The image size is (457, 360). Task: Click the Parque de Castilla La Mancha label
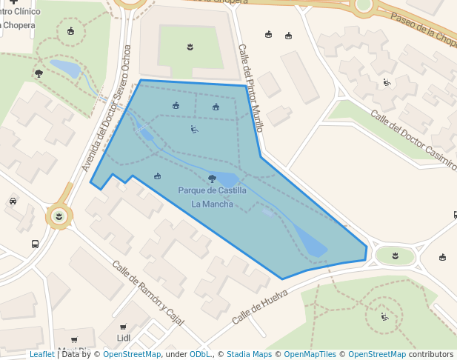click(x=212, y=197)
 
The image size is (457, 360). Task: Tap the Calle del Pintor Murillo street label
click(x=250, y=87)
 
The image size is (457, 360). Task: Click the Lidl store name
click(x=124, y=339)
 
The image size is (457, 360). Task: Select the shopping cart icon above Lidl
click(x=123, y=327)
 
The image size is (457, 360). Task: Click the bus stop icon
click(x=35, y=244)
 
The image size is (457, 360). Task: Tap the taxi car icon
click(x=13, y=201)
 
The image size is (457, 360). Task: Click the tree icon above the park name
click(x=213, y=179)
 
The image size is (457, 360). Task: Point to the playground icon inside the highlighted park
click(x=194, y=130)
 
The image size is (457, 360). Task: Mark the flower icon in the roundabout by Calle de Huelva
click(x=395, y=256)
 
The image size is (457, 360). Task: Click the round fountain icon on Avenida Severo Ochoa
click(x=59, y=216)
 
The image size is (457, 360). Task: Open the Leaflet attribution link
click(x=41, y=354)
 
